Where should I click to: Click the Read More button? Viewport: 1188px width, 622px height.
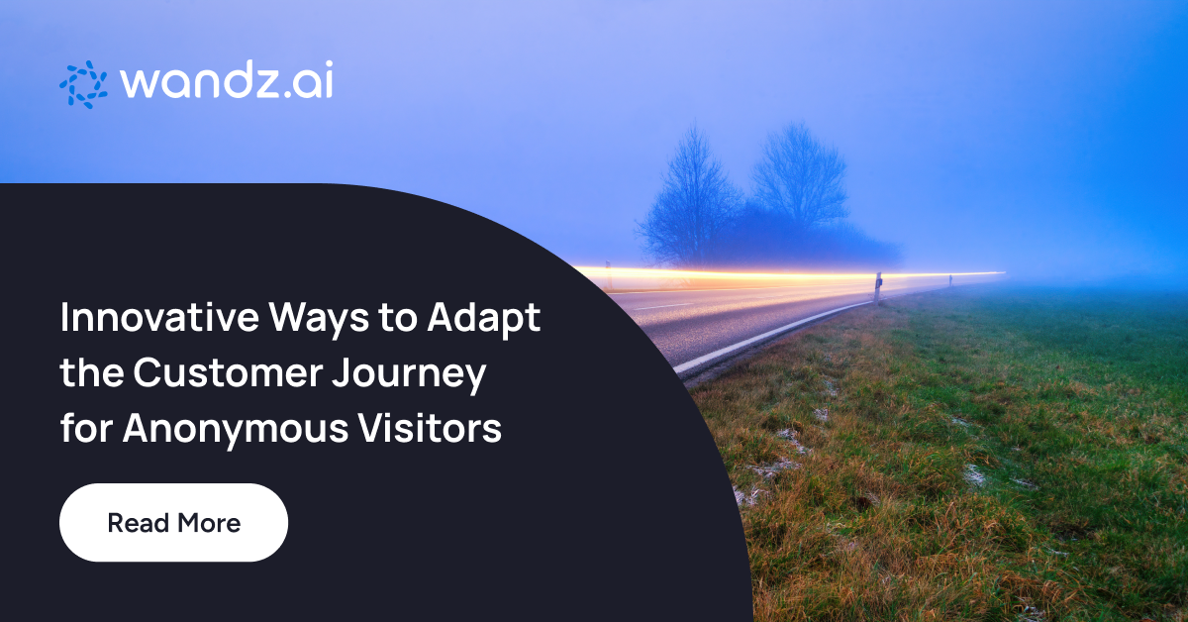pos(174,522)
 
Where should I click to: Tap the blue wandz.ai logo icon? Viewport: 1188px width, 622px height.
pos(83,84)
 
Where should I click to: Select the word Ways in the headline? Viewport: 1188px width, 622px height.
pos(319,320)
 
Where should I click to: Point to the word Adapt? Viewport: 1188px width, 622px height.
pos(484,320)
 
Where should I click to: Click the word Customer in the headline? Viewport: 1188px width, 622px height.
pos(228,372)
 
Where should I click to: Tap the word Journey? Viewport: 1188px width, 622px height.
pos(409,374)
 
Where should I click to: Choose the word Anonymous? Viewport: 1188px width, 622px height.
pos(236,429)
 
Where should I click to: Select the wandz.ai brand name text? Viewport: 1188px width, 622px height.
pos(227,79)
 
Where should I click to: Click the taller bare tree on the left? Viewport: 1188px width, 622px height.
pos(689,196)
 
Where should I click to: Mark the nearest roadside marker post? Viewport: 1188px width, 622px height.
pos(878,287)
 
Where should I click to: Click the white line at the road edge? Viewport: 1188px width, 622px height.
pos(769,335)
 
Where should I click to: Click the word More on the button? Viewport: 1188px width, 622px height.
pos(209,523)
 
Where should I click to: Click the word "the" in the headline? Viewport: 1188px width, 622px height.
pos(92,372)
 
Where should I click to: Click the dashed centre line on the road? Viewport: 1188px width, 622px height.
pos(662,306)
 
